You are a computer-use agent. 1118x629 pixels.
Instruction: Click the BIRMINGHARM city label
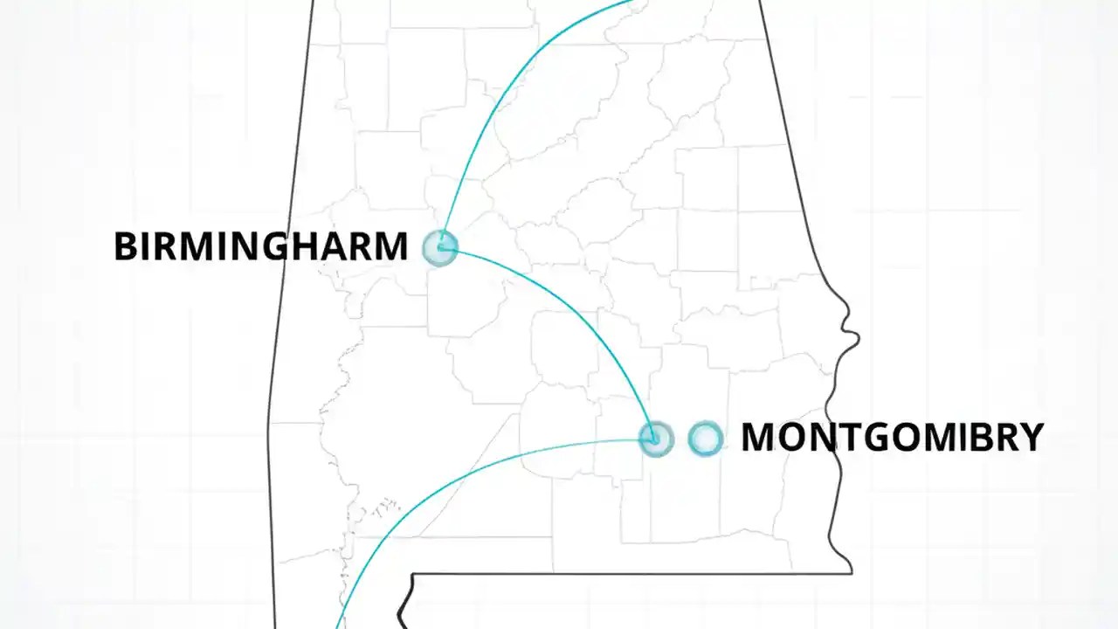(x=260, y=247)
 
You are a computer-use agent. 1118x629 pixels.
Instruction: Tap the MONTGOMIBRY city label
(x=892, y=438)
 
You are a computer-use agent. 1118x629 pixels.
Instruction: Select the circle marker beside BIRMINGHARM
(x=440, y=247)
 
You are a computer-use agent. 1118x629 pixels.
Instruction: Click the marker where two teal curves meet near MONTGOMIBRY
(x=655, y=438)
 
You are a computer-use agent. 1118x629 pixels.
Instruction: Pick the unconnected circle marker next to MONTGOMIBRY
(x=705, y=439)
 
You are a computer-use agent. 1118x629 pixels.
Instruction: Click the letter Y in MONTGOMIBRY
(x=1031, y=438)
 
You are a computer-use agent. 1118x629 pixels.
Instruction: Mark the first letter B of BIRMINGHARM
(x=126, y=247)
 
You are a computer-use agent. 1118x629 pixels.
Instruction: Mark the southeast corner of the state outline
(x=851, y=572)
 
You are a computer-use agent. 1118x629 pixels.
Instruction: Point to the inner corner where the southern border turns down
(x=412, y=576)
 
